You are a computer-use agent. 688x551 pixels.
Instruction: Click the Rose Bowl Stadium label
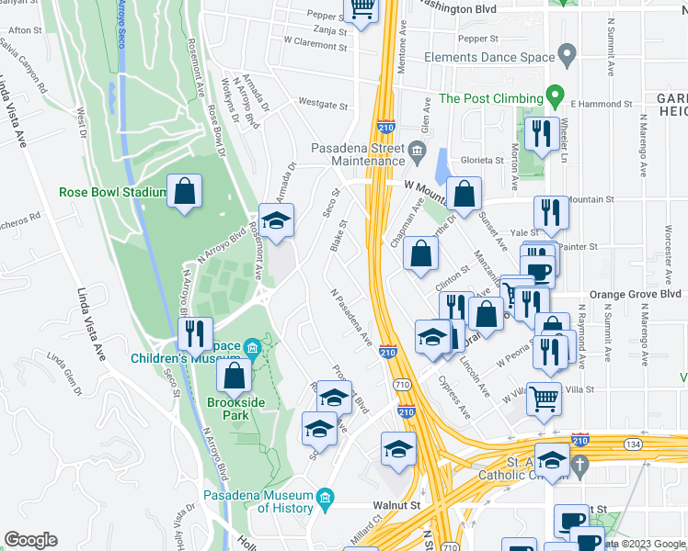(x=112, y=193)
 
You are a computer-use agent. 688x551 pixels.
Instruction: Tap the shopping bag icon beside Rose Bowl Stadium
(x=185, y=193)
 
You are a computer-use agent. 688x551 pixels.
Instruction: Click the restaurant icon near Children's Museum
(x=195, y=334)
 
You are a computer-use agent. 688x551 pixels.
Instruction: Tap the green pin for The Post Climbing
(x=555, y=96)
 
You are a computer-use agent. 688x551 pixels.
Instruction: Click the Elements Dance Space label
(x=489, y=57)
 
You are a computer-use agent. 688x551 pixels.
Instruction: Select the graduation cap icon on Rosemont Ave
(x=276, y=220)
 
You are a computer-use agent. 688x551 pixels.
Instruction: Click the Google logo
(x=31, y=540)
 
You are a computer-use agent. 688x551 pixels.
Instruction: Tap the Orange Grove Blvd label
(x=635, y=295)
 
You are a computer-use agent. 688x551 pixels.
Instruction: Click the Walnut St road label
(x=396, y=504)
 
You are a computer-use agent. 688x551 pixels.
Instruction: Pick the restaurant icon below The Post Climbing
(x=542, y=135)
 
